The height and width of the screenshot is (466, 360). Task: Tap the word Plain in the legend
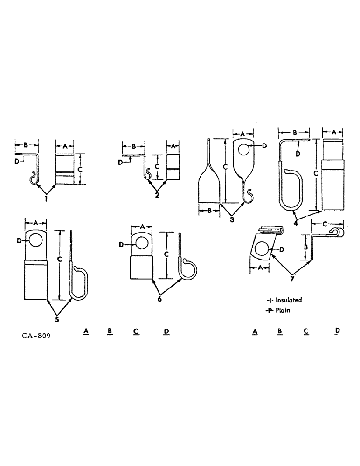(282, 310)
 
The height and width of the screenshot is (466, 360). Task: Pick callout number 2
(157, 195)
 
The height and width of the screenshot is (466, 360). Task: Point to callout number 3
(232, 219)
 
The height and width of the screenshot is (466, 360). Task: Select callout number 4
(296, 222)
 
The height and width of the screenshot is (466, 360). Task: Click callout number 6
(159, 299)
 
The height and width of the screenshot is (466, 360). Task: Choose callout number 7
(292, 279)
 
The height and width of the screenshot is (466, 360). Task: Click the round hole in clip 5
(35, 240)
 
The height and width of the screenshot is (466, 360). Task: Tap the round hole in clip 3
(243, 149)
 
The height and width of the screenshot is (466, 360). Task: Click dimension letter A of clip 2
(173, 146)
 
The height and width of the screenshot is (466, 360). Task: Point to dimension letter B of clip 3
(210, 211)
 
